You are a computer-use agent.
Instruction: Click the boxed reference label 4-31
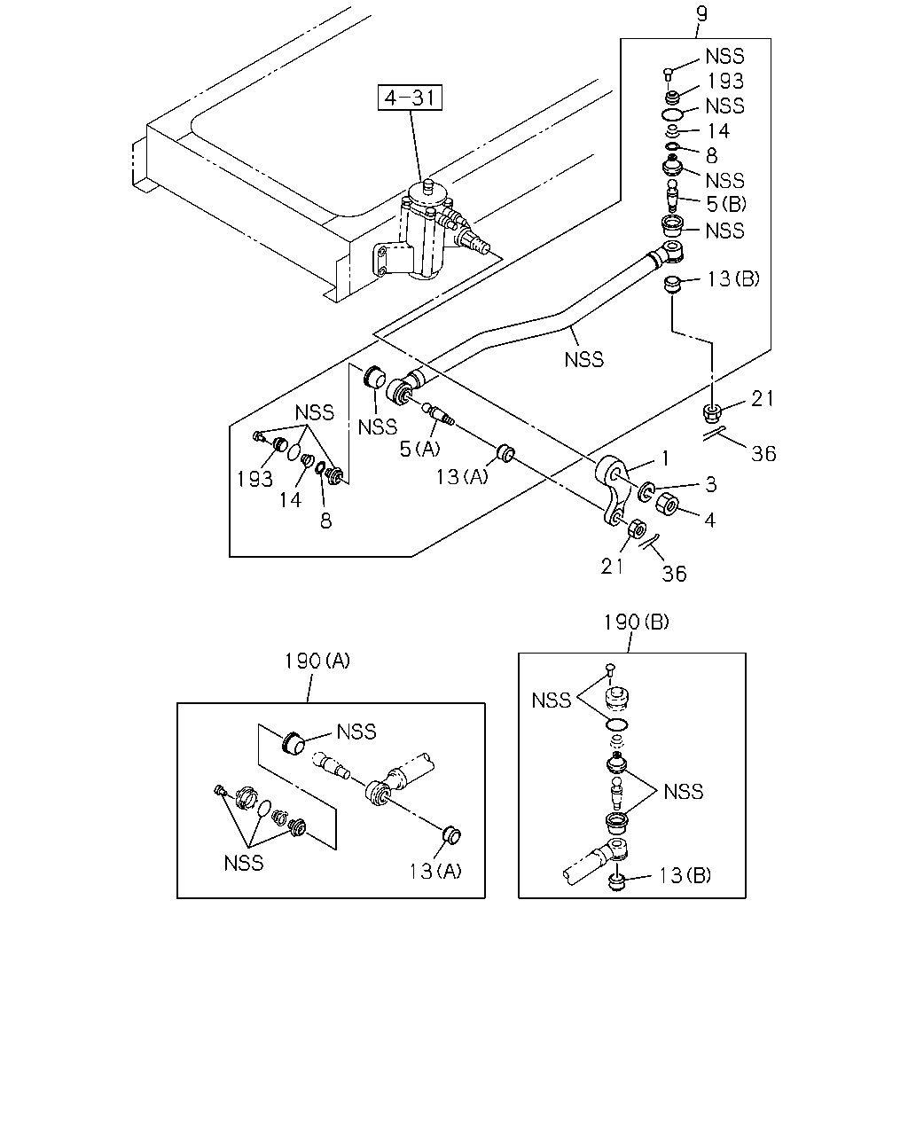pos(410,98)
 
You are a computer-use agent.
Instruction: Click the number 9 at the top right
pos(701,14)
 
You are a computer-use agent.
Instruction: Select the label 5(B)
pos(726,204)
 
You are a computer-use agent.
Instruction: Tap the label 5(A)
pos(419,449)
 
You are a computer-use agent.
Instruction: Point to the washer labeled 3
pos(646,491)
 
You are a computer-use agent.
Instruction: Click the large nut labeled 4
pos(667,503)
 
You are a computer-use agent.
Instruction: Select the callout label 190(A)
pos(317,661)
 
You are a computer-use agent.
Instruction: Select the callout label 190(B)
pos(637,622)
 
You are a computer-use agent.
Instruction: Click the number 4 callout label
pos(710,520)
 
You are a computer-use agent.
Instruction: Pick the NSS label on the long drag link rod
pos(584,360)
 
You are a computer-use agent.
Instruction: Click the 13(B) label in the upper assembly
pos(732,278)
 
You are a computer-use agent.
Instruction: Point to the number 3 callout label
pos(710,484)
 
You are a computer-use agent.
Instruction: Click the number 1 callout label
pos(665,458)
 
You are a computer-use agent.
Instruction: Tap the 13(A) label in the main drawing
pos(462,476)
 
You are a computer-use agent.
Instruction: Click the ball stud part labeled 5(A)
pos(437,413)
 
